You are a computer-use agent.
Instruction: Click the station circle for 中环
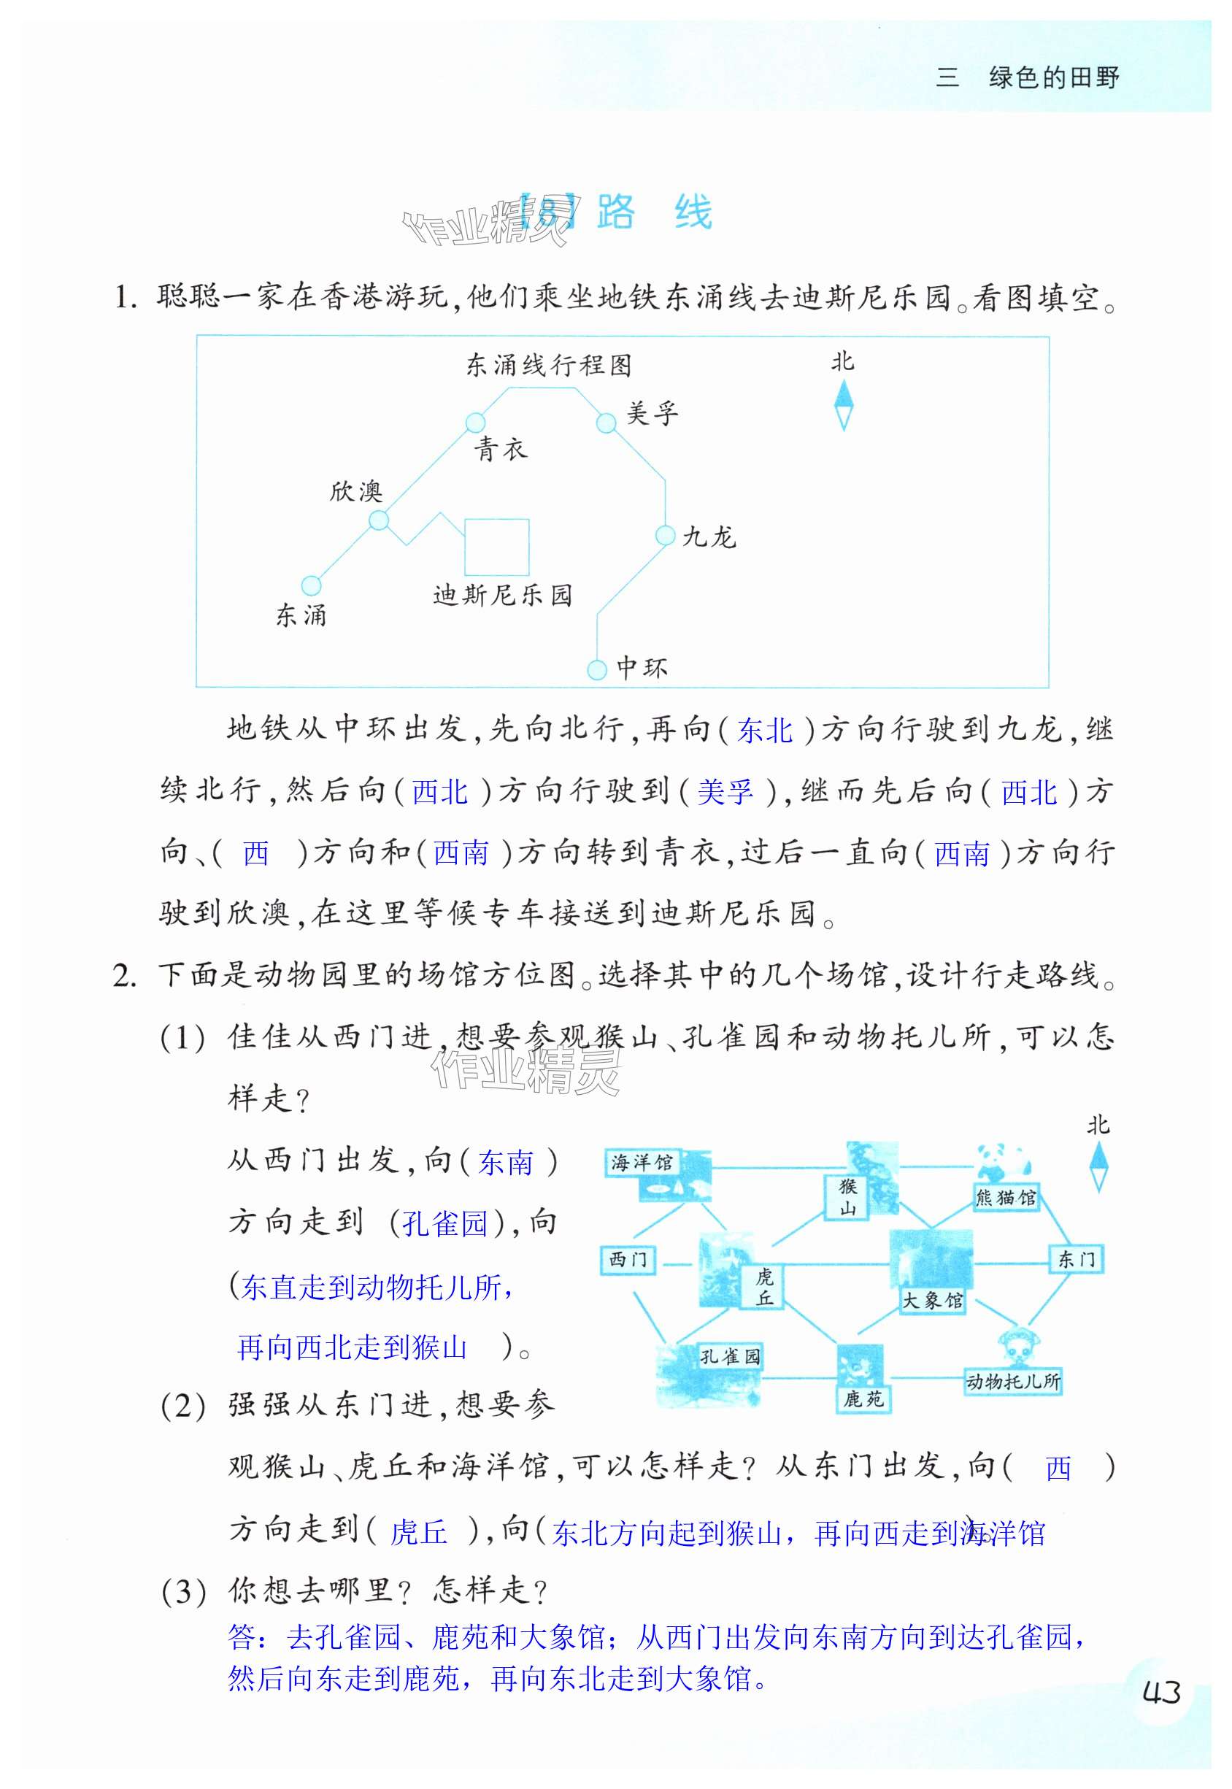pos(597,669)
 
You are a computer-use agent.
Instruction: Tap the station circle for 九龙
pos(665,535)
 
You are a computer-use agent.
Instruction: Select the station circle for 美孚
pos(607,422)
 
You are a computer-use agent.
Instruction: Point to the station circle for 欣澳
pos(378,520)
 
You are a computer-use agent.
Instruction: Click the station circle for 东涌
pos(310,585)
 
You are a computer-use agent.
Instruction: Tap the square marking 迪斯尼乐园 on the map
pos(496,547)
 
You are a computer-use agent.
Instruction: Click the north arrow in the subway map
pos(844,406)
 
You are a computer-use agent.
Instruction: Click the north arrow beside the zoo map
pos(1098,1166)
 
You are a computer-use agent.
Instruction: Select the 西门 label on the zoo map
pos(628,1260)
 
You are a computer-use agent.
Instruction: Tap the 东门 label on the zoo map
pos(1076,1260)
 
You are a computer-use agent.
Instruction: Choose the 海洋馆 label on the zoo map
pos(642,1162)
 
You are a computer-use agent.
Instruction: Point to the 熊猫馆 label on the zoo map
pos(1006,1197)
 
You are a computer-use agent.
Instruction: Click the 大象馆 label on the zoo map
pos(933,1301)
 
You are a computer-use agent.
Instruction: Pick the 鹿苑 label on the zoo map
pos(863,1399)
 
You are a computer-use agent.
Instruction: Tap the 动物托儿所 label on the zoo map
pos(1013,1381)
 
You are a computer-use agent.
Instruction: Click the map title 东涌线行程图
pos(549,364)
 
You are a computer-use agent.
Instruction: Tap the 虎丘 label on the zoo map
pos(763,1287)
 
